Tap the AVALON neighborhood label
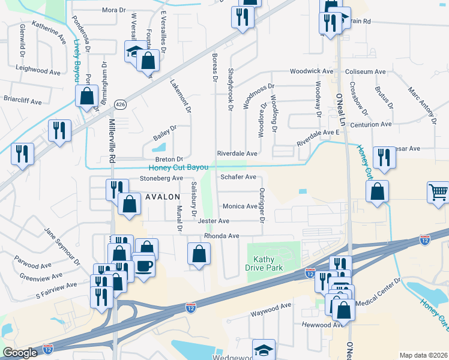(x=162, y=197)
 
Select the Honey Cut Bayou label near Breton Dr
(x=178, y=167)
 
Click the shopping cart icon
(x=438, y=193)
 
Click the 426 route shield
(x=121, y=104)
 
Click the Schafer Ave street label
(x=238, y=177)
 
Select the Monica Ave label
(x=240, y=206)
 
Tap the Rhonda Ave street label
(x=221, y=236)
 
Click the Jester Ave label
(x=213, y=221)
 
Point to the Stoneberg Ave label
(x=161, y=178)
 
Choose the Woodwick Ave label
(x=312, y=71)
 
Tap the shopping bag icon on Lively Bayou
(x=86, y=95)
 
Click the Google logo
(x=20, y=352)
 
